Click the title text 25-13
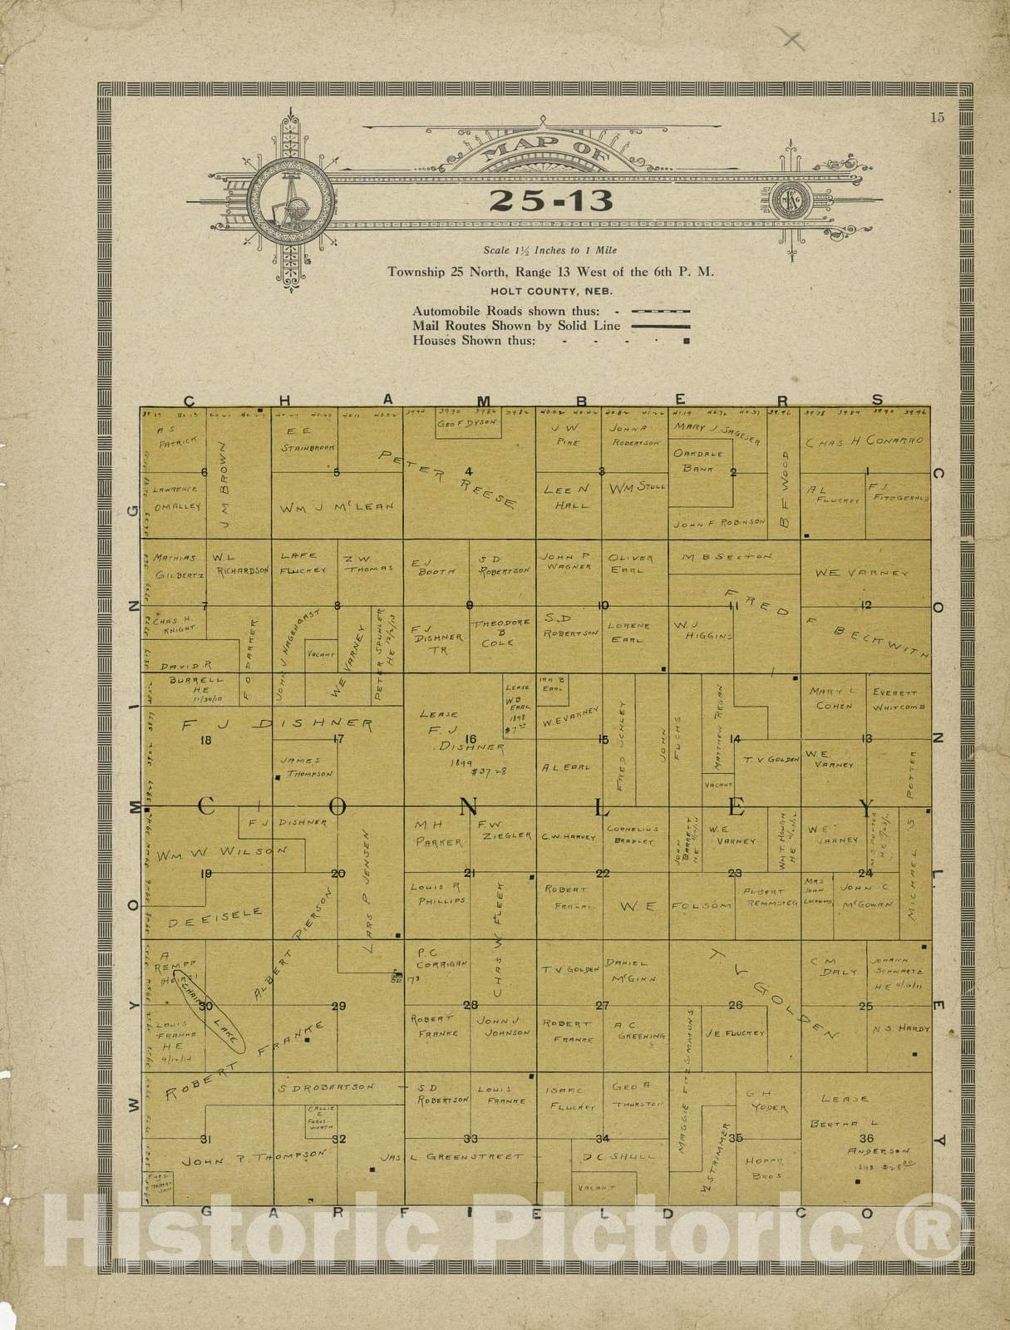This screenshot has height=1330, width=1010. [551, 199]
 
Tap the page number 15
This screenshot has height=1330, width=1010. [937, 117]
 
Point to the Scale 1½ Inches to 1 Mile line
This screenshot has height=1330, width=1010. [550, 250]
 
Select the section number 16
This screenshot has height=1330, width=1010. [471, 739]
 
